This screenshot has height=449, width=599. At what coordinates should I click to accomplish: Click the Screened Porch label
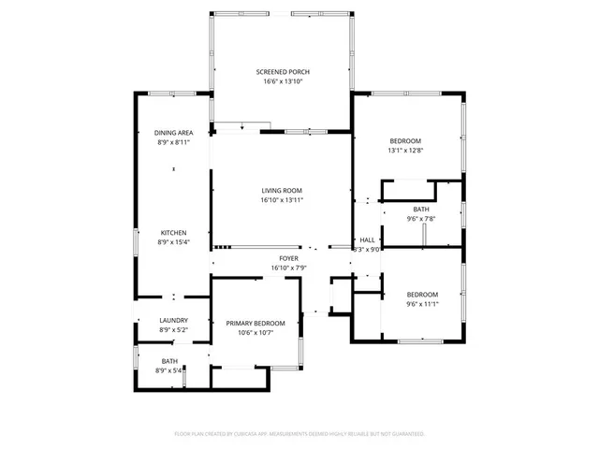click(283, 72)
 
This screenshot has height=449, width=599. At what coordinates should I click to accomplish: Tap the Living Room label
click(283, 190)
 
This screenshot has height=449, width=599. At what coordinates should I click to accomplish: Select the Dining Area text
click(173, 133)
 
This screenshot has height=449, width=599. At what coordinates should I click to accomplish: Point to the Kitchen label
click(173, 232)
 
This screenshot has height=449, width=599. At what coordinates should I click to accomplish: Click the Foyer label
click(288, 258)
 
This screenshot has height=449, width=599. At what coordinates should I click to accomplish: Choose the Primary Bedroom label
click(256, 323)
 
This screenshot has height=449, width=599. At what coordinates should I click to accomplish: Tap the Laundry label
click(173, 320)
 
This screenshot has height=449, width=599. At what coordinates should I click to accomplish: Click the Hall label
click(367, 239)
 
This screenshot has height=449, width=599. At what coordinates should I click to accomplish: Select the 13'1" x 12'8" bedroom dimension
click(405, 150)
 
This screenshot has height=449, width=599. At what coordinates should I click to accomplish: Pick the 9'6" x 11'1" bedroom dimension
click(422, 303)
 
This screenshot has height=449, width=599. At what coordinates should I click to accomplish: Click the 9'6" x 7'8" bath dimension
click(421, 219)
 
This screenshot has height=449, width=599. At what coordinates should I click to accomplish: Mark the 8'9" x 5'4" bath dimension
click(169, 370)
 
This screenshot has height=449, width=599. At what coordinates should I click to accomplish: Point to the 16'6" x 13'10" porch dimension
click(283, 82)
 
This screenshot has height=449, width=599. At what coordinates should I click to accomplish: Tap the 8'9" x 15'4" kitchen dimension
click(173, 242)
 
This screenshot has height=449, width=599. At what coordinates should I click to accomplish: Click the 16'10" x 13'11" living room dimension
click(283, 199)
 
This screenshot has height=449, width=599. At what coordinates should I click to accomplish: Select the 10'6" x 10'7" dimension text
click(256, 332)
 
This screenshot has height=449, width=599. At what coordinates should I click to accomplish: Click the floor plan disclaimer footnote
click(299, 434)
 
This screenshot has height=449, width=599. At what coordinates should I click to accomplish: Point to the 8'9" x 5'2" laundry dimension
click(173, 329)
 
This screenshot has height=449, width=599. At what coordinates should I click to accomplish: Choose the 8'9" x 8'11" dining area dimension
click(173, 142)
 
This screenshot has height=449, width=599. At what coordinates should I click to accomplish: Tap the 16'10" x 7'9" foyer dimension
click(288, 268)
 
